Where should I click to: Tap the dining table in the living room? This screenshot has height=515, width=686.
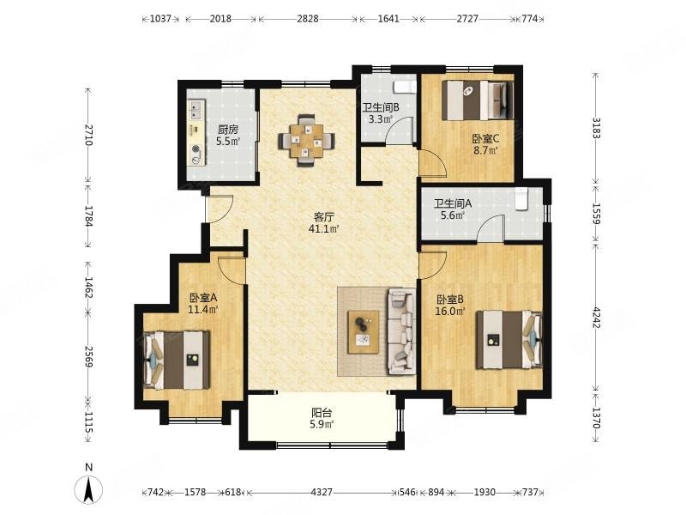(307, 141)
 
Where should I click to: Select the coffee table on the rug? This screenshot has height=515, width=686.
(363, 332)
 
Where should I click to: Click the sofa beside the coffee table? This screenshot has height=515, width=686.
(400, 331)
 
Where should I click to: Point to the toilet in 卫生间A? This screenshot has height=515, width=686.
(521, 199)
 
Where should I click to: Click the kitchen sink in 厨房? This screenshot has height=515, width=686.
(196, 110)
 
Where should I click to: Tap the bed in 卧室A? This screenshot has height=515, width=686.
(177, 360)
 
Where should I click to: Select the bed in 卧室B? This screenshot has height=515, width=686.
(509, 339)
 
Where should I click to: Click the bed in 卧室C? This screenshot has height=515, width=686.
(478, 100)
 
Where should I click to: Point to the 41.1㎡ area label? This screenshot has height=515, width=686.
(324, 228)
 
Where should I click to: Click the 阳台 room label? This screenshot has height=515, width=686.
(322, 413)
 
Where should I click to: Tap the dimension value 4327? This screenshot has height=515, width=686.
(322, 492)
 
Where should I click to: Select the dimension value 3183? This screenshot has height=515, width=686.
(595, 128)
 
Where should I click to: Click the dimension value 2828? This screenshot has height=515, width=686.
(308, 19)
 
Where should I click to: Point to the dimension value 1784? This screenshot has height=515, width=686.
(89, 216)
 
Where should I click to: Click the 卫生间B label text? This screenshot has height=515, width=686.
(381, 106)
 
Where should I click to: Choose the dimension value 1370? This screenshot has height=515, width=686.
(595, 418)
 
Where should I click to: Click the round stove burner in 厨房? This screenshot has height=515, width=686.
(196, 148)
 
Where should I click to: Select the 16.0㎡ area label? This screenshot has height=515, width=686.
(450, 312)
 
